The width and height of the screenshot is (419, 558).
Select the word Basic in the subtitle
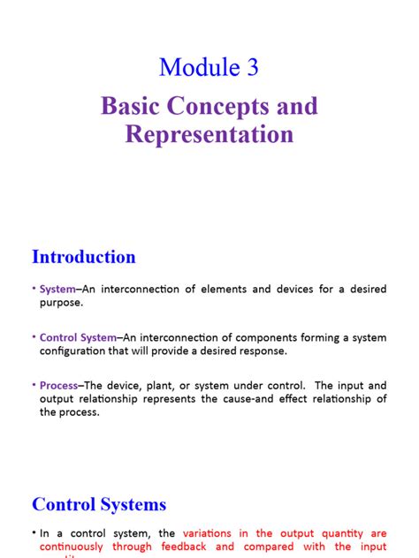132,108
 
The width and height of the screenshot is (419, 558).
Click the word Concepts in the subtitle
222,108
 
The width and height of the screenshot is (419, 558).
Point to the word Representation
209,135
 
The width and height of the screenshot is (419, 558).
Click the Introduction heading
84,257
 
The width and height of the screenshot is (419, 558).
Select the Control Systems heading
99,504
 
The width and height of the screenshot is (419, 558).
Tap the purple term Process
60,385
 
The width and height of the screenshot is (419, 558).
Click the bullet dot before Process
34,385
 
